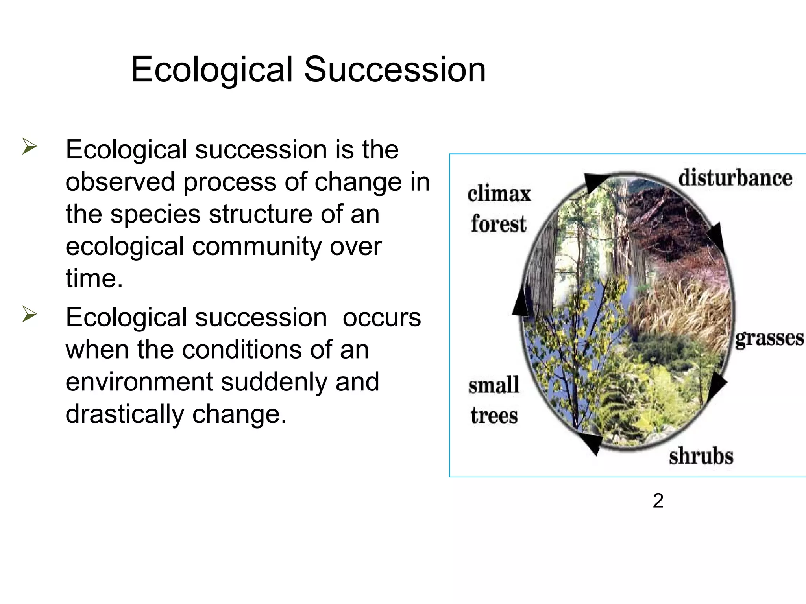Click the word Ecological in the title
pyautogui.click(x=212, y=70)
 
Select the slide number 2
pyautogui.click(x=658, y=501)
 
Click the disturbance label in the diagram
pyautogui.click(x=735, y=178)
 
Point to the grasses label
pyautogui.click(x=769, y=338)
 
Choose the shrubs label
pyautogui.click(x=701, y=456)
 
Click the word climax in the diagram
pyautogui.click(x=499, y=194)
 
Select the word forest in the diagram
pyautogui.click(x=498, y=224)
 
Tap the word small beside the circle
pyautogui.click(x=494, y=385)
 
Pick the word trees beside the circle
pyautogui.click(x=494, y=416)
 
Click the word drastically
pyautogui.click(x=125, y=414)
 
